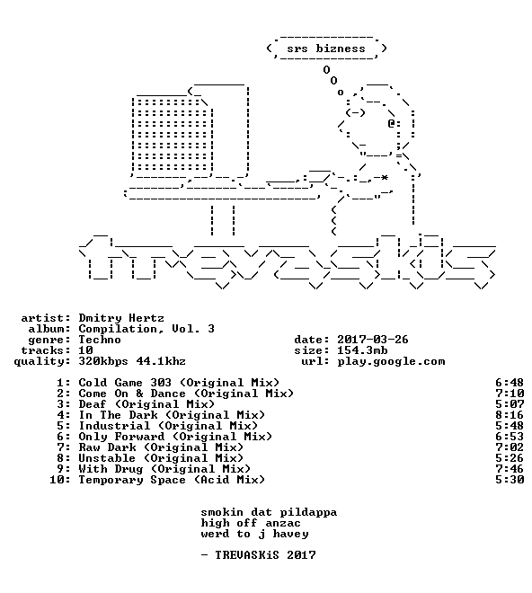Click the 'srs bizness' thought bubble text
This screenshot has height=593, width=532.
[326, 49]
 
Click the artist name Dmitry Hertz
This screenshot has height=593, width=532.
[121, 318]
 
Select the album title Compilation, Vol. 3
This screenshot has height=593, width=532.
[146, 329]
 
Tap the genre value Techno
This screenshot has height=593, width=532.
[100, 340]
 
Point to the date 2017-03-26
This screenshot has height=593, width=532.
[373, 340]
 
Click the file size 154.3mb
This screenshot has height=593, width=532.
[362, 350]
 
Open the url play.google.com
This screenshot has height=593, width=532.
[391, 361]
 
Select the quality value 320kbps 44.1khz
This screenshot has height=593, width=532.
[132, 361]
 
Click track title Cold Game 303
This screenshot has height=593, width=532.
[125, 383]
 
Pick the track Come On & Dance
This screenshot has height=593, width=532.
[132, 394]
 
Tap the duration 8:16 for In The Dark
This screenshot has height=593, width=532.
[510, 415]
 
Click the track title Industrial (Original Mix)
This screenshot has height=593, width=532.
[168, 426]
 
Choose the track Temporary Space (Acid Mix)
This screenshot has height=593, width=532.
[172, 480]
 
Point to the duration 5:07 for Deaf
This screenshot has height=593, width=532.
[510, 404]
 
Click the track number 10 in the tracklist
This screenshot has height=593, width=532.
[57, 480]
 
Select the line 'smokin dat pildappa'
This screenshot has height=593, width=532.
[269, 512]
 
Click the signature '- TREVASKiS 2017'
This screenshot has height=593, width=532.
[258, 555]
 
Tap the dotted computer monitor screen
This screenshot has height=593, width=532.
[173, 134]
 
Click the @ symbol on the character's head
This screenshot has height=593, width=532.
[391, 123]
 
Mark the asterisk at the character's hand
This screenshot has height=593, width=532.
[385, 177]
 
